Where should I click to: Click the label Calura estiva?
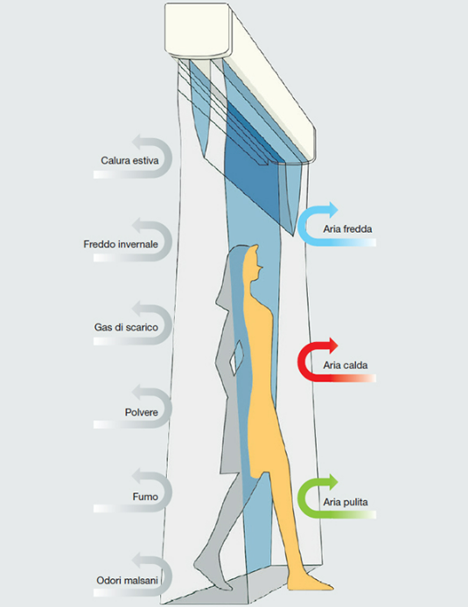point(129,160)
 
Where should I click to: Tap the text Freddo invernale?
point(121,244)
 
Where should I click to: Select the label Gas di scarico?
point(126,327)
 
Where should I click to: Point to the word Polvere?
point(142,412)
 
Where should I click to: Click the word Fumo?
point(145,497)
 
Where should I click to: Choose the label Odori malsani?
point(128,580)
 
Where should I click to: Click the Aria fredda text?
point(347,229)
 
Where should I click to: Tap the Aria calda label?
point(346,366)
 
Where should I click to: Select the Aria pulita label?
point(346,502)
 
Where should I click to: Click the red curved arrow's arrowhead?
point(332,345)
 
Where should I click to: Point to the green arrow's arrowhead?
point(332,482)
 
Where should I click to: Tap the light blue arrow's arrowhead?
point(332,209)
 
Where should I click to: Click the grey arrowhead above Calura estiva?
point(137,143)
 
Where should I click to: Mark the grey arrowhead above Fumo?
point(137,476)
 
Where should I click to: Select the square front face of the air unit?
point(199,30)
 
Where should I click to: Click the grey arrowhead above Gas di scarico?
point(137,310)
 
